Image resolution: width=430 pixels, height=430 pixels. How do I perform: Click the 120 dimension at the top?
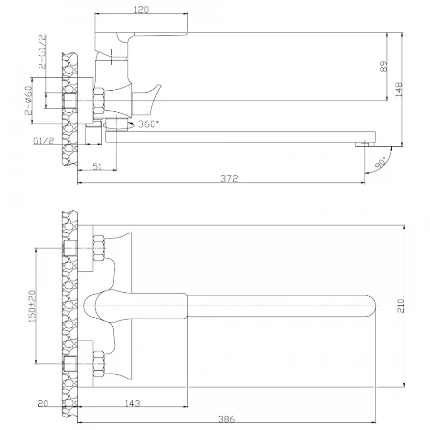pos(141,10)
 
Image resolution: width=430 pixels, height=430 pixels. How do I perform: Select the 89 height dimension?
pos(384,66)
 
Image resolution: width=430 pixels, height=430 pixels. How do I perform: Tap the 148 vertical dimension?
pos(399,89)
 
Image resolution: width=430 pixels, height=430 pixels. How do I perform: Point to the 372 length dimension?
pos(229,179)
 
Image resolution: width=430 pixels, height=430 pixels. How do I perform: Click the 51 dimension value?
pos(97,166)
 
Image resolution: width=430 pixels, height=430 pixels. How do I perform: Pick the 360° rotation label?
pos(149,124)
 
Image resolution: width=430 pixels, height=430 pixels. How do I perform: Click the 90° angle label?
pos(380,162)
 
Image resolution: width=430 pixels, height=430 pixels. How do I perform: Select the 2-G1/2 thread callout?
pos(42,52)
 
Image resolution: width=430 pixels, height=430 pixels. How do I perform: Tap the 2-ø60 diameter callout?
pos(28,100)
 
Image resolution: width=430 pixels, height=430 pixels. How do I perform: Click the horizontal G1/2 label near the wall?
pos(43,140)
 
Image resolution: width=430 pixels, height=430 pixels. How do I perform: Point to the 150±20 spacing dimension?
pos(32,306)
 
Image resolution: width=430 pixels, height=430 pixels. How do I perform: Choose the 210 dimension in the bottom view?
pos(401,306)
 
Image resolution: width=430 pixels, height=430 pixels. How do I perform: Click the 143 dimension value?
pos(132,403)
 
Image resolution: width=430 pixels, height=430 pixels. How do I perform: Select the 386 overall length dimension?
pos(226,419)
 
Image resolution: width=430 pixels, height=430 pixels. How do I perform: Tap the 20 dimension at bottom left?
pos(43,403)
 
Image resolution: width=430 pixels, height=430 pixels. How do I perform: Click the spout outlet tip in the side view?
pos(365,144)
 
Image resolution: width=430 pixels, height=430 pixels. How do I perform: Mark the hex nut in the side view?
pos(99,101)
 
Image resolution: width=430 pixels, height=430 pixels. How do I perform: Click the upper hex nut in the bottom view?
pos(99,248)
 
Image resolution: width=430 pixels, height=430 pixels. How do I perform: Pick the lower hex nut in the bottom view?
pos(99,364)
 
